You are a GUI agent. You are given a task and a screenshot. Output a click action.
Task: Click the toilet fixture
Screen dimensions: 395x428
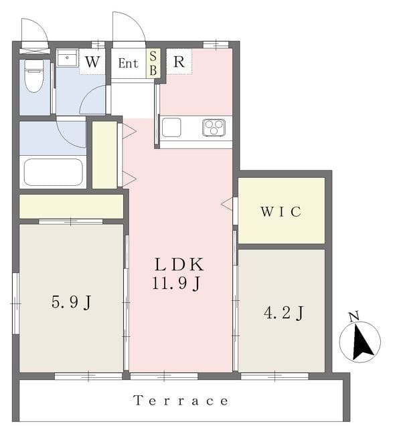34,76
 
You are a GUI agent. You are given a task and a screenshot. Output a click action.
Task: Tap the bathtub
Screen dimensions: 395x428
54,173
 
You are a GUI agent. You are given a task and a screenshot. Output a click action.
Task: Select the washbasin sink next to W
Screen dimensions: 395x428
67,58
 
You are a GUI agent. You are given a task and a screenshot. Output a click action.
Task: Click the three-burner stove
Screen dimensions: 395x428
214,128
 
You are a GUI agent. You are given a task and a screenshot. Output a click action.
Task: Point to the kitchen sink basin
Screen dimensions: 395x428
171,128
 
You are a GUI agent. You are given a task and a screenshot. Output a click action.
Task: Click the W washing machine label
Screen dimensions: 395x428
92,62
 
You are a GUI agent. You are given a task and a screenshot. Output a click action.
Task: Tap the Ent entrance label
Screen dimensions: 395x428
128,64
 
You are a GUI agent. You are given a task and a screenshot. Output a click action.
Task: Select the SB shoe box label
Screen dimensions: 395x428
153,64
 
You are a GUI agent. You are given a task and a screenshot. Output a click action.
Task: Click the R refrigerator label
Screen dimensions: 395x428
179,62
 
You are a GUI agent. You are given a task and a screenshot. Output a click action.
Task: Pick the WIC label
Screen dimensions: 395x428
281,211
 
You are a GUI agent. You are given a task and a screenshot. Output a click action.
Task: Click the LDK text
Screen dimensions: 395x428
179,265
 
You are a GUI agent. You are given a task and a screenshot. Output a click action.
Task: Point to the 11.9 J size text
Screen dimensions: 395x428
177,283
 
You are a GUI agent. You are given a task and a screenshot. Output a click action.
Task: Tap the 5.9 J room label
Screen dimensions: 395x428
71,302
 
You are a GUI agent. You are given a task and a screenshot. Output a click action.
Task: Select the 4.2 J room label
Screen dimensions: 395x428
283,313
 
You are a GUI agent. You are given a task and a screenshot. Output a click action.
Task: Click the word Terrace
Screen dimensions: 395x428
181,401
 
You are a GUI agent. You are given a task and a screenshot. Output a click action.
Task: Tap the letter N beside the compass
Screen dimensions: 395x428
354,316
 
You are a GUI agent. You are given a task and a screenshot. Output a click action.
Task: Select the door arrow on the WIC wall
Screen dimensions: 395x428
227,203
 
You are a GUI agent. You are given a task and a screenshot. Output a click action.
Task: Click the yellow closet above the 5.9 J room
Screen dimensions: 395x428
71,207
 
